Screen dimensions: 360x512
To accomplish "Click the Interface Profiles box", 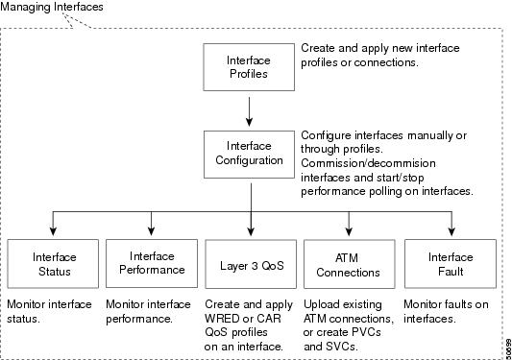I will point(248,66).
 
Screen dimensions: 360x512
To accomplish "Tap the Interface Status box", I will point(54,264).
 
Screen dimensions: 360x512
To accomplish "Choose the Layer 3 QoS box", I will point(250,264).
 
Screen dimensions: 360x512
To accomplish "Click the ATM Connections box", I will point(349,264).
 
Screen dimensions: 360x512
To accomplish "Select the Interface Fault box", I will point(451,264).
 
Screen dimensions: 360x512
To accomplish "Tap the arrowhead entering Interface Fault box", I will point(451,231).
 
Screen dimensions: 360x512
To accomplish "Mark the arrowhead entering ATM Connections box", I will point(349,231).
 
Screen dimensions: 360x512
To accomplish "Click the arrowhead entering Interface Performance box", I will point(151,231).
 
